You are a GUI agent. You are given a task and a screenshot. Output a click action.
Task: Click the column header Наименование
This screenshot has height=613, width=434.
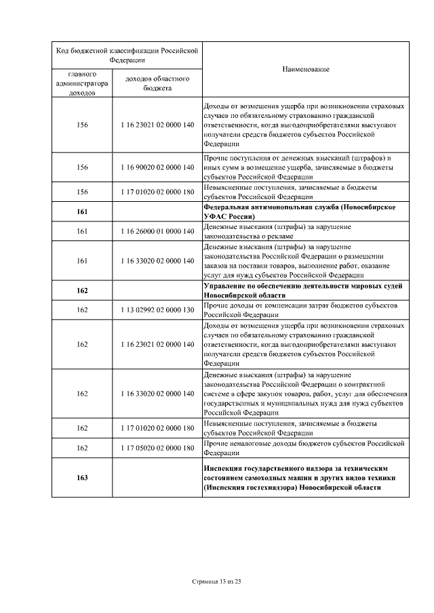306,70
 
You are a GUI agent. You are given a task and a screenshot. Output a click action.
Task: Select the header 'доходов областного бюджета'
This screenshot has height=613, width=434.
157,83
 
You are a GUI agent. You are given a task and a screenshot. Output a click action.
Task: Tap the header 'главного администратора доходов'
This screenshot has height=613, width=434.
82,83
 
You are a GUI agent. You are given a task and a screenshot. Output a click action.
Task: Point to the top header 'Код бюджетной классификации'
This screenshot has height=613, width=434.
127,54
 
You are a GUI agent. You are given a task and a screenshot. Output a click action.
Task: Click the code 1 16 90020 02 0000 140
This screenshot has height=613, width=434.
157,167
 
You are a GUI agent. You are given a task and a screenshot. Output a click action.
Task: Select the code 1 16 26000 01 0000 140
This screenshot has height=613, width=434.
157,231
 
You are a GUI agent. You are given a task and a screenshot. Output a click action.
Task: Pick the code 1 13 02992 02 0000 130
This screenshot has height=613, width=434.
157,310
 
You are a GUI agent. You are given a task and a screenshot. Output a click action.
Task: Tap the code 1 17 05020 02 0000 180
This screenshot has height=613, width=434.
157,448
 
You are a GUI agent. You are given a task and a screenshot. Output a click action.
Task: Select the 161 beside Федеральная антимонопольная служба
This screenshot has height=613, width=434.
82,211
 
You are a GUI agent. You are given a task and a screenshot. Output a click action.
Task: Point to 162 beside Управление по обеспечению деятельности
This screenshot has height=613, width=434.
82,291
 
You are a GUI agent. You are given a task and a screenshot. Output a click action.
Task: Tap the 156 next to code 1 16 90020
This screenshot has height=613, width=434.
82,167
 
